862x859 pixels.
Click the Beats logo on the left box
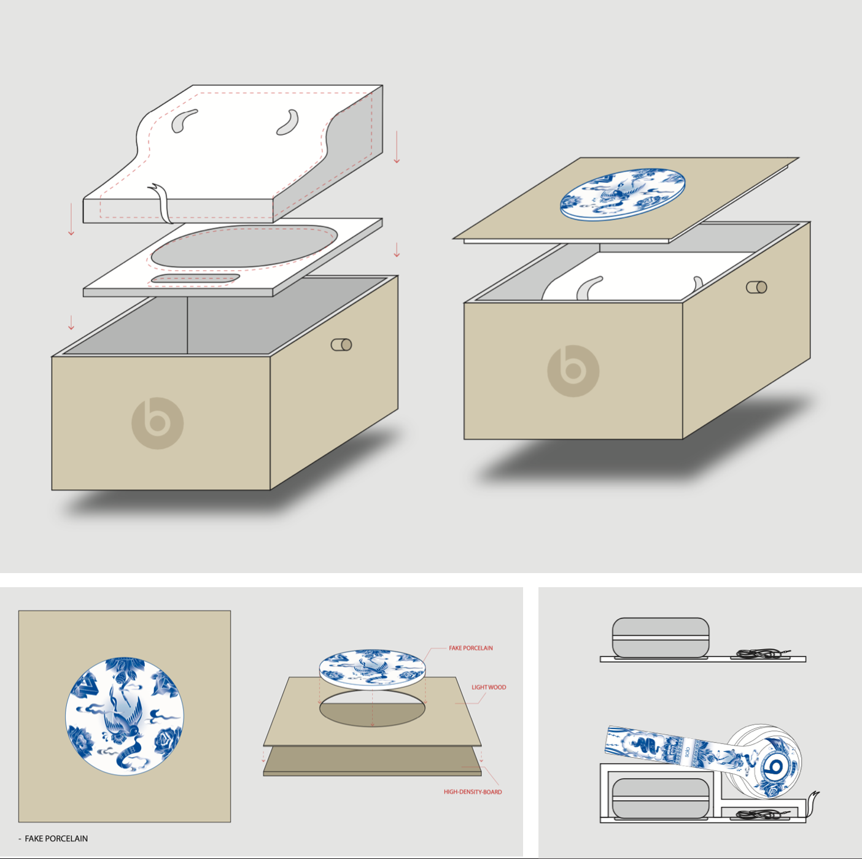tap(157, 423)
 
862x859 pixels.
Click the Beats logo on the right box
tap(573, 371)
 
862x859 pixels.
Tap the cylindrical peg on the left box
tap(341, 345)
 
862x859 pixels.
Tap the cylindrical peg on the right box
tap(756, 287)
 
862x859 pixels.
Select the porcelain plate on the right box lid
tap(623, 195)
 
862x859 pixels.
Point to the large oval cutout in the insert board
tap(244, 246)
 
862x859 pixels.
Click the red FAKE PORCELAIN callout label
tap(470, 648)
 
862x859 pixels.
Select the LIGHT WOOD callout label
tap(489, 687)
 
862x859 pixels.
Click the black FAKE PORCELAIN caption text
tap(56, 838)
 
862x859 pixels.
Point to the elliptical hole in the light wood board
tap(372, 708)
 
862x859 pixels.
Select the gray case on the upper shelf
tap(660, 638)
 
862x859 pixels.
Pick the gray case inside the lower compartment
tap(660, 799)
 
